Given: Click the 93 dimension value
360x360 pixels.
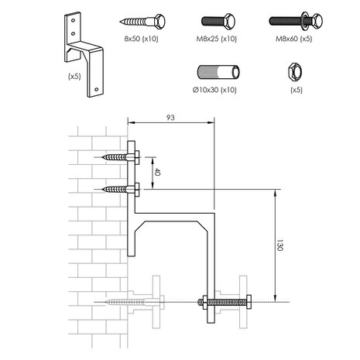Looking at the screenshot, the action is (x=170, y=118).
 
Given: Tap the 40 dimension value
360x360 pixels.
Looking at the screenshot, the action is (x=157, y=172).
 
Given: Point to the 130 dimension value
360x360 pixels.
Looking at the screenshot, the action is (x=279, y=245).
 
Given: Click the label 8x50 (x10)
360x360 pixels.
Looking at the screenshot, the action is (x=141, y=39).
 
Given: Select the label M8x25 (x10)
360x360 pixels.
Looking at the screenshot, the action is (x=217, y=39).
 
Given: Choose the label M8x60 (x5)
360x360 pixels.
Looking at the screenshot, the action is (x=294, y=39).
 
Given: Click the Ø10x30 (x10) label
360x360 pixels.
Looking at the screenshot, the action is (x=214, y=90).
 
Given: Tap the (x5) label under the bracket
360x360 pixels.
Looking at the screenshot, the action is (x=74, y=77).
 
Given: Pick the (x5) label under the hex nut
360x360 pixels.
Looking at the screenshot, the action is (x=297, y=90).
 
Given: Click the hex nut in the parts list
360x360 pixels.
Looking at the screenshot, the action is (x=295, y=72).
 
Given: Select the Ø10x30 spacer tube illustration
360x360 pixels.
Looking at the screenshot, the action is (x=218, y=72).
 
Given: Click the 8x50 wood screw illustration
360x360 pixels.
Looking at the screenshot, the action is (x=142, y=22).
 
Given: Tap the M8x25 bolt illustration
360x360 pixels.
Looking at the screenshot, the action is (x=218, y=21).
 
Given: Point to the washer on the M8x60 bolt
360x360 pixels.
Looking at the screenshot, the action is (x=306, y=20).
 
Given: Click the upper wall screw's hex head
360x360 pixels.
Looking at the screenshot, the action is (x=137, y=157).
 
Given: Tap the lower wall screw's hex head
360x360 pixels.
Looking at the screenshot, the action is (x=137, y=190).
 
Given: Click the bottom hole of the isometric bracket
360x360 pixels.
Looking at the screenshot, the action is (x=96, y=90).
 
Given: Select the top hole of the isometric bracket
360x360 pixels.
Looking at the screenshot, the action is (x=73, y=20).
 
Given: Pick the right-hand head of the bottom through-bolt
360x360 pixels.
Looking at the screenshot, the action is (x=249, y=302).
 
